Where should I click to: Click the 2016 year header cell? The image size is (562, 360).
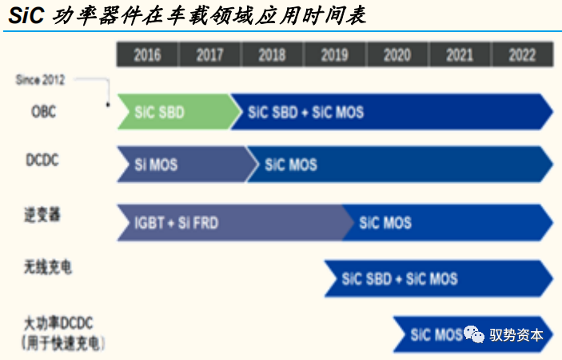(147, 54)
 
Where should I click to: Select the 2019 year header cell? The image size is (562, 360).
(335, 54)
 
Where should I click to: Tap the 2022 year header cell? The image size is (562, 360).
(522, 54)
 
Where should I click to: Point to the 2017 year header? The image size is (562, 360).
(209, 54)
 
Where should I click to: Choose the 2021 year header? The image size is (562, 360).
(460, 54)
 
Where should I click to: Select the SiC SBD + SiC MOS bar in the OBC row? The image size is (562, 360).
(392, 111)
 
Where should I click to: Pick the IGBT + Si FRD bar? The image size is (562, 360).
(236, 222)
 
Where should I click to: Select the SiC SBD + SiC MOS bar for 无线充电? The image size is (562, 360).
(439, 278)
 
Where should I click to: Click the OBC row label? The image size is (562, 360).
(44, 111)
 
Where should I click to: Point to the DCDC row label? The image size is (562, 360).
(42, 159)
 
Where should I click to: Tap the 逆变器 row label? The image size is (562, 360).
(42, 214)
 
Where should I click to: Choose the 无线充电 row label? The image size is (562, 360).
(48, 267)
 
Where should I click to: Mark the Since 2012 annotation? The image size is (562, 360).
(40, 80)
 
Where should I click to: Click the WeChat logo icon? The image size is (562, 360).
(474, 334)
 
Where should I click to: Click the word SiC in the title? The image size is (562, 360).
(26, 15)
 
